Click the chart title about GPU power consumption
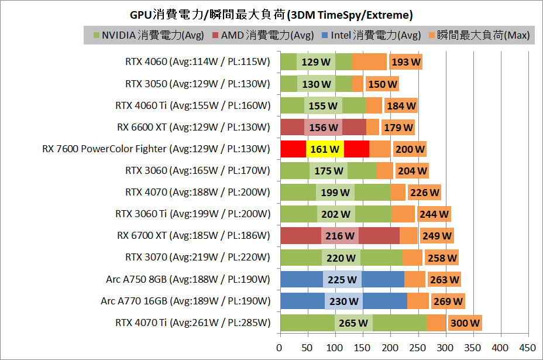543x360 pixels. tap(271, 14)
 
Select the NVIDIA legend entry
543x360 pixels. tap(149, 35)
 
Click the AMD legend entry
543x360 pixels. tap(263, 35)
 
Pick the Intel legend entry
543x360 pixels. tap(371, 35)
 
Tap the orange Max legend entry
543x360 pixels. tap(479, 35)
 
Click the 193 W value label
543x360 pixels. tap(406, 62)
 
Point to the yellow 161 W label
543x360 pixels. tap(325, 149)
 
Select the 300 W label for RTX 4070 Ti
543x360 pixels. tap(465, 323)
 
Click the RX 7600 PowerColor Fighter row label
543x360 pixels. tap(156, 149)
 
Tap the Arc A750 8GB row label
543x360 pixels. tap(185, 279)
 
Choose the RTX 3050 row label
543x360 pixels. tap(198, 84)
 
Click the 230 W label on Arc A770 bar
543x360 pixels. tap(343, 301)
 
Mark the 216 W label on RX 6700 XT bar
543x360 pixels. tap(340, 236)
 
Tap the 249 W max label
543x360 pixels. tap(437, 236)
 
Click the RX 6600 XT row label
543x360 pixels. tap(194, 127)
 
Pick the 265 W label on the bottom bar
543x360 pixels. tap(353, 323)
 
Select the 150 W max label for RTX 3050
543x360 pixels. tap(382, 84)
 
